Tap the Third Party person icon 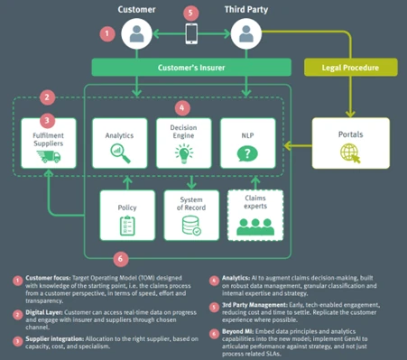coord(245,35)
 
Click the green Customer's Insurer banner coord(190,68)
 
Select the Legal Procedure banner coord(350,68)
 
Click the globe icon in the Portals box coord(348,153)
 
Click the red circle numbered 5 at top coord(190,13)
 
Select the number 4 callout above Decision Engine coord(184,106)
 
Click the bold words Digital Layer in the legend coord(45,311)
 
